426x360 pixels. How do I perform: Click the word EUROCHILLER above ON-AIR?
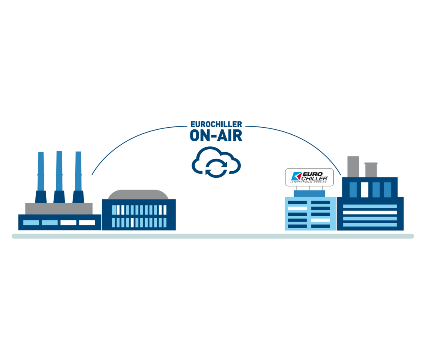click(216, 124)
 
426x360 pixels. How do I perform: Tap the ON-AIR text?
click(216, 136)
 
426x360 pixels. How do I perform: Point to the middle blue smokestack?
click(59, 175)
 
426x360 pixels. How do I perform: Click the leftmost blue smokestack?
click(41, 175)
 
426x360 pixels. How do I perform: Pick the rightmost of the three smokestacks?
click(78, 175)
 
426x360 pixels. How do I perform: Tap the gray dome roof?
click(138, 194)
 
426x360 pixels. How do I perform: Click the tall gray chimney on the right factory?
click(353, 166)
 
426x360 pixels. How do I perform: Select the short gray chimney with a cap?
click(370, 169)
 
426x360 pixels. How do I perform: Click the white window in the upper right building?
click(364, 189)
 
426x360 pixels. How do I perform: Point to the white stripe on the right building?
click(370, 212)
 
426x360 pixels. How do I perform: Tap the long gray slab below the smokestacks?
click(59, 208)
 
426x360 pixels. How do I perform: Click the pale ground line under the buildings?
click(213, 236)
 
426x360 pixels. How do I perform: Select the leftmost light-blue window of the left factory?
click(31, 223)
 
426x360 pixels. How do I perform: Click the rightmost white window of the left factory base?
click(87, 223)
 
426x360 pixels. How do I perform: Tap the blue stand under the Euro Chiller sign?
click(310, 193)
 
